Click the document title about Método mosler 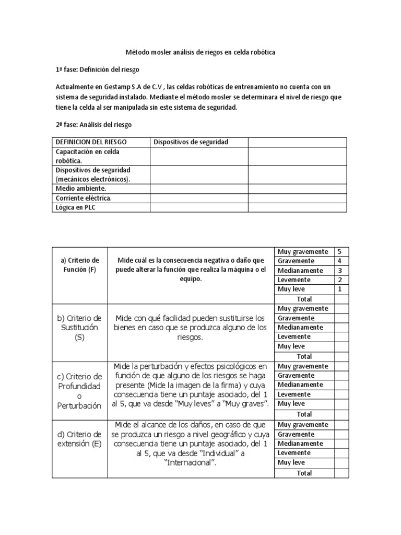pos(200,53)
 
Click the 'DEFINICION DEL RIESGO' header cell pos(91,142)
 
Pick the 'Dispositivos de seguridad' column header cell pos(191,142)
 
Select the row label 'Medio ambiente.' pos(81,188)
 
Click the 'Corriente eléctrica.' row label pos(84,198)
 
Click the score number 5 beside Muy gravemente pos(339,251)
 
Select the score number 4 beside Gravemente pos(339,261)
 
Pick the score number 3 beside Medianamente pos(339,270)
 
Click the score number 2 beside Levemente pos(339,280)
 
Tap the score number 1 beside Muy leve pos(339,289)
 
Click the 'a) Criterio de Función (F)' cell pos(80,265)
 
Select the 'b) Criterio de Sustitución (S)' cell pos(80,328)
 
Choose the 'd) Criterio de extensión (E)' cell pos(80,439)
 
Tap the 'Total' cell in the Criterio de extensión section pos(304,473)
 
